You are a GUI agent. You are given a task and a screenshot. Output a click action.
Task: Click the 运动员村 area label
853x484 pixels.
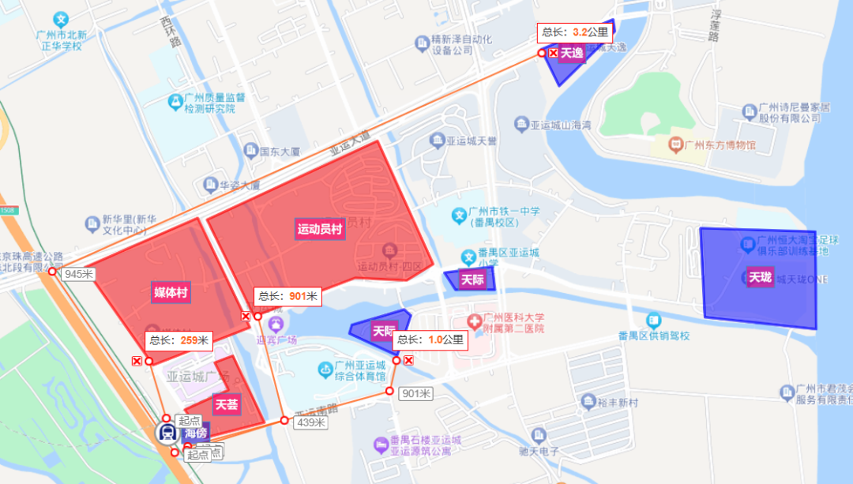(x=320, y=230)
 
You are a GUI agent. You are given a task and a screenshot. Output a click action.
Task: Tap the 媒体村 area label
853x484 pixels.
(x=171, y=293)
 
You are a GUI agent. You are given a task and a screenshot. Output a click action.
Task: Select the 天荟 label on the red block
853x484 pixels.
(x=227, y=405)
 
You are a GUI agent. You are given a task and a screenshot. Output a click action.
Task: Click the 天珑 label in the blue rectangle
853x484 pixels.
(x=760, y=277)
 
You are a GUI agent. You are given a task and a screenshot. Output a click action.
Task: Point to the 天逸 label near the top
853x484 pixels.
(x=571, y=54)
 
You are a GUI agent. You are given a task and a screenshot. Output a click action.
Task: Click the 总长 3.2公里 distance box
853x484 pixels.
(x=574, y=33)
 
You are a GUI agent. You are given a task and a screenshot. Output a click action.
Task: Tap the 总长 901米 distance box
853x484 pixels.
(x=287, y=297)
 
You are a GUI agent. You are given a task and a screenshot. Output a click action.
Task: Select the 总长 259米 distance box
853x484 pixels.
(x=178, y=340)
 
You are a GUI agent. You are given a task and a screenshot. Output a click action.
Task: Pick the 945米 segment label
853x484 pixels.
(x=79, y=274)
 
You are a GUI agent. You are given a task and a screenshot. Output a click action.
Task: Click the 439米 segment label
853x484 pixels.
(x=310, y=422)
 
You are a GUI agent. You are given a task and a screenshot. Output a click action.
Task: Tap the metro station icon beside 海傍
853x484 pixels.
(x=167, y=432)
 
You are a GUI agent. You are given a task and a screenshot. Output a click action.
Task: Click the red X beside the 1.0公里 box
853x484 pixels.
(x=408, y=360)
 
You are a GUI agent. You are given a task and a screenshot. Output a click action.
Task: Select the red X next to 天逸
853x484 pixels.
(x=553, y=53)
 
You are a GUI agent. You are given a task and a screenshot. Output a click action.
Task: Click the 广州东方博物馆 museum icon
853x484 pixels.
(x=675, y=144)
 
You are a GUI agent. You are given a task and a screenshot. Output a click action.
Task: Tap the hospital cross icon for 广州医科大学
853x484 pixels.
(x=474, y=322)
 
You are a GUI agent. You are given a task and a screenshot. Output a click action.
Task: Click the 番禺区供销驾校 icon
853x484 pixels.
(x=653, y=321)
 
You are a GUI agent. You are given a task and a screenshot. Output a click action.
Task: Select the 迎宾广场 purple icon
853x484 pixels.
(x=276, y=324)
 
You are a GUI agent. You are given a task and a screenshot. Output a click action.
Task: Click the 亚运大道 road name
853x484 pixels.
(x=350, y=148)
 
